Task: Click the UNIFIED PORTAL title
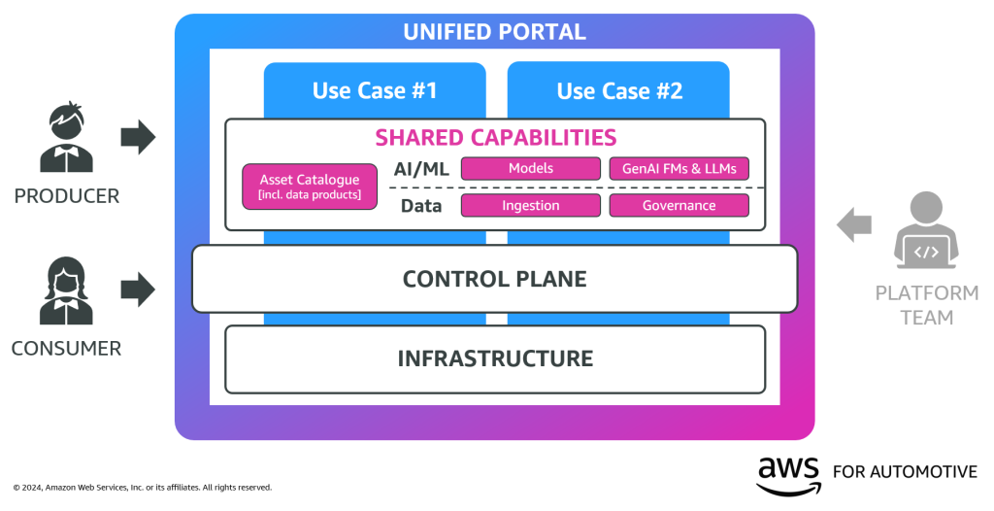[x=494, y=32]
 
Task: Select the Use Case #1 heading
[x=375, y=90]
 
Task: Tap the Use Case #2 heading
[x=619, y=90]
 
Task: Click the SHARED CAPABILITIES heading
[x=495, y=137]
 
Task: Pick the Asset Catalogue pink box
[x=310, y=187]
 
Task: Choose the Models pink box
[x=530, y=168]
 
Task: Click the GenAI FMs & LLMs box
[x=679, y=168]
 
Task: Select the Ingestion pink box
[x=530, y=205]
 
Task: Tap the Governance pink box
[x=679, y=205]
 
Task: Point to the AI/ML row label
[x=421, y=168]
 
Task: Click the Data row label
[x=421, y=205]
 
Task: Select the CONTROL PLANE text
[x=494, y=279]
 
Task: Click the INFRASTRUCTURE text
[x=494, y=358]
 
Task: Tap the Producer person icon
[x=67, y=139]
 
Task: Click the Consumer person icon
[x=67, y=290]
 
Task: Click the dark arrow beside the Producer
[x=138, y=137]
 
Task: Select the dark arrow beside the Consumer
[x=138, y=289]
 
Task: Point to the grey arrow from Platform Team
[x=854, y=224]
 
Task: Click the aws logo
[x=788, y=473]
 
